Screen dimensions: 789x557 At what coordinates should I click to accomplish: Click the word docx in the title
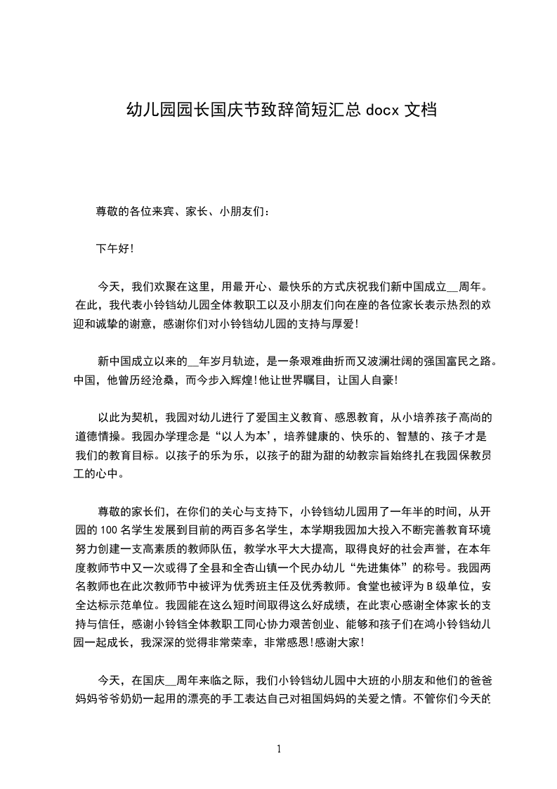(x=382, y=110)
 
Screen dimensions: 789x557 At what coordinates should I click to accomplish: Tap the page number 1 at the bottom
(x=279, y=749)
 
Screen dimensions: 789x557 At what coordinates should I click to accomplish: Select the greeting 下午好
(x=112, y=248)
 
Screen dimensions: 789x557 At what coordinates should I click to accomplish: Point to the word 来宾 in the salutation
(x=160, y=210)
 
